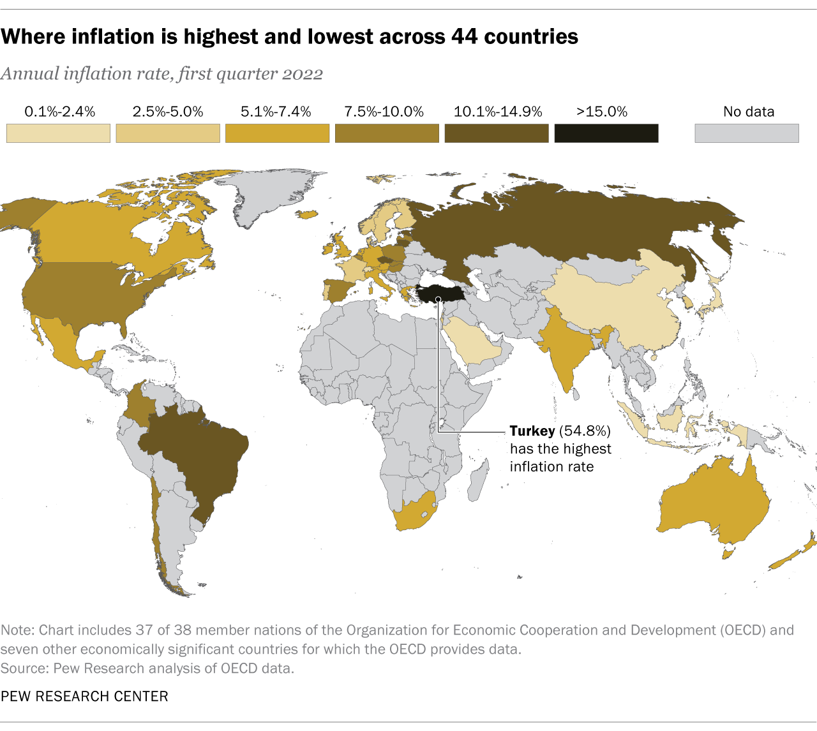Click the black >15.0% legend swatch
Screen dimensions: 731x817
606,133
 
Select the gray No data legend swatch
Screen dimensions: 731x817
746,133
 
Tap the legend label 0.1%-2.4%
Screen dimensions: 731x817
59,112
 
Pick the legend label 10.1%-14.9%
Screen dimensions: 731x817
498,112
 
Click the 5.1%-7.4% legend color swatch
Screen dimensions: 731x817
278,133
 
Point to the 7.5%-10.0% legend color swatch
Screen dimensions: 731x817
387,133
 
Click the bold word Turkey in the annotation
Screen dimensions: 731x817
532,431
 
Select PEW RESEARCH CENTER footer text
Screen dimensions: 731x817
84,696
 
